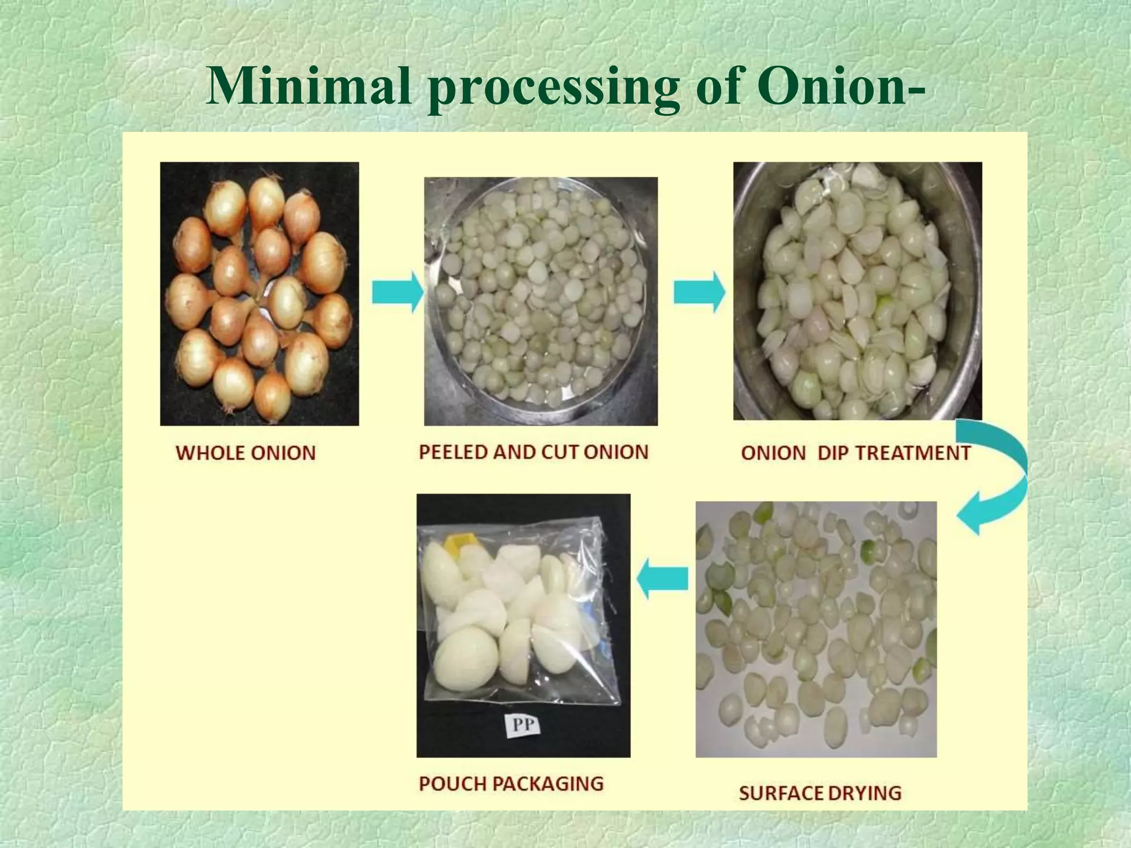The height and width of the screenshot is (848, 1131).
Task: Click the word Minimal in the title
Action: (309, 87)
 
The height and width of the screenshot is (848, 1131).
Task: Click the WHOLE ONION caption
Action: (246, 453)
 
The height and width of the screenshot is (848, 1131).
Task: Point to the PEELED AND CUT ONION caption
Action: (533, 452)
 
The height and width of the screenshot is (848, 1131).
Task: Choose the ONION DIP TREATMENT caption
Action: (855, 453)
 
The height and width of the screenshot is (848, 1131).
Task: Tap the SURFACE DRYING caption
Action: (820, 793)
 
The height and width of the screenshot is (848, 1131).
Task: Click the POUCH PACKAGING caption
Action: (511, 783)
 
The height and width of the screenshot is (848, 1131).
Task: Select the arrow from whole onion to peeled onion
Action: (397, 292)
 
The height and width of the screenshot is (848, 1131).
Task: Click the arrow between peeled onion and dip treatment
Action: (699, 292)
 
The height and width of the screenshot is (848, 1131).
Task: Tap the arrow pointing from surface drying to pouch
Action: (663, 578)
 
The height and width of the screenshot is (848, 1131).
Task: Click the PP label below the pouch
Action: (522, 724)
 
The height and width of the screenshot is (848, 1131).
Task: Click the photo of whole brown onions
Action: (260, 293)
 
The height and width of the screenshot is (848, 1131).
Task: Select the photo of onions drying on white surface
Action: (816, 629)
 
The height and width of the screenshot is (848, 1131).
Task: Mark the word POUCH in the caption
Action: (452, 783)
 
